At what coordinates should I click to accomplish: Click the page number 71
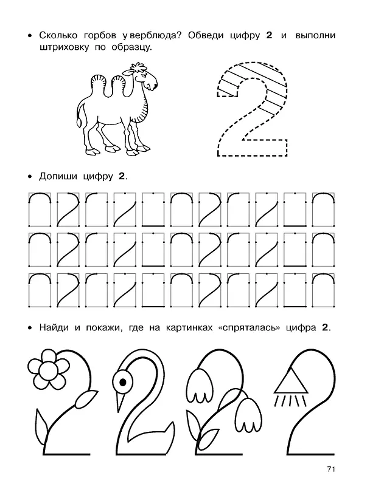[x=331, y=469]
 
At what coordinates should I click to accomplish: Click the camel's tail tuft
[x=79, y=123]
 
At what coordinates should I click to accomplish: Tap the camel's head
[x=144, y=77]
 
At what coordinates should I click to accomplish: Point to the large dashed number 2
[x=252, y=108]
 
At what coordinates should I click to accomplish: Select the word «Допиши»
[x=58, y=176]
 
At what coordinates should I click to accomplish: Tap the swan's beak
[x=120, y=403]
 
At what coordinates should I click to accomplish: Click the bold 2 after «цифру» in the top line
[x=269, y=36]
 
